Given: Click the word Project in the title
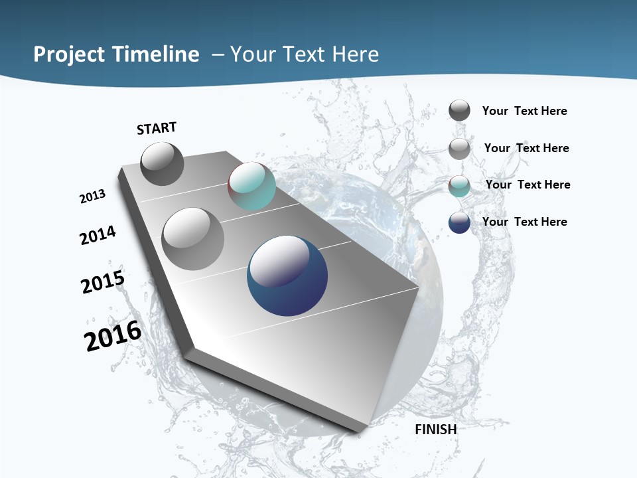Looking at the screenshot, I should coord(68,54).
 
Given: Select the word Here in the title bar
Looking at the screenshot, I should coord(355,54).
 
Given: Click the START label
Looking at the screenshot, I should coord(157,128).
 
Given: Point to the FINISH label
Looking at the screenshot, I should coord(436,430).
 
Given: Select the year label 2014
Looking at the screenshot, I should coord(98,235).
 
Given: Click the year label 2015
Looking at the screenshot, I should coord(103,282).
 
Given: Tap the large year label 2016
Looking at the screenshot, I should coord(113,336).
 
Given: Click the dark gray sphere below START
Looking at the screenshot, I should coord(162,163).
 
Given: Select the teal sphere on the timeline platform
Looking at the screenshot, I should coord(251,186).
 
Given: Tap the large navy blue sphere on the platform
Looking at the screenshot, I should coord(287,276).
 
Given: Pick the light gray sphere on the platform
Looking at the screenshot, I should coord(193,238).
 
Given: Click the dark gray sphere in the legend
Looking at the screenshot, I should coord(459,111).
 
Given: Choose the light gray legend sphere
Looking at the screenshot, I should coord(459,149).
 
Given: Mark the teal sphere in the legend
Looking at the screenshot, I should coord(459,186).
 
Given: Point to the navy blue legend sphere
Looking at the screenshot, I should coord(459,222).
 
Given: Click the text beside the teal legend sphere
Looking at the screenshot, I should coord(528,185).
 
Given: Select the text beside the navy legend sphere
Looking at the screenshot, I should coord(524,222).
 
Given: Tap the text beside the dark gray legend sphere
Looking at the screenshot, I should coord(524,111).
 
